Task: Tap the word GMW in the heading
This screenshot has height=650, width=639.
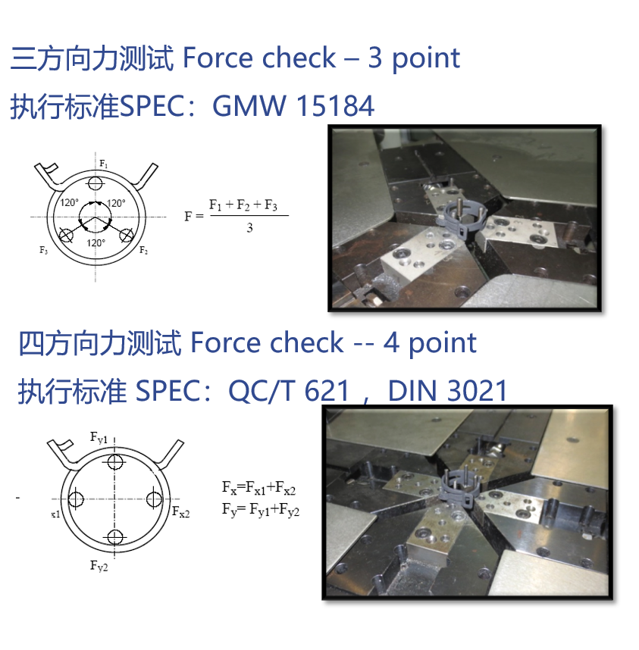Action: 249,106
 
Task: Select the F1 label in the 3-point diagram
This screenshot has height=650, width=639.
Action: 104,164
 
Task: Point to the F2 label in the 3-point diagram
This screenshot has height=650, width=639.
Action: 143,250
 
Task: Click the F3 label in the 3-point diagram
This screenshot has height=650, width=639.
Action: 43,250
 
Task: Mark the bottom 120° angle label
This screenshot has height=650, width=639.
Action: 96,243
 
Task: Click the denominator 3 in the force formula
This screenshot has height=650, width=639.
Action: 249,227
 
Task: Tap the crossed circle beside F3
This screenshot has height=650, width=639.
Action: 66,236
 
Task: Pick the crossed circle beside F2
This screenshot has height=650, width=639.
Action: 126,236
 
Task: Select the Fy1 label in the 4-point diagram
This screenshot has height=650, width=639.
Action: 99,438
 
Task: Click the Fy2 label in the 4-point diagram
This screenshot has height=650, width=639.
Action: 99,566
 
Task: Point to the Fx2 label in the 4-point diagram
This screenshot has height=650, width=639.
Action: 181,512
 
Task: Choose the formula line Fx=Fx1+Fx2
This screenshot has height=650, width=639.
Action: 258,488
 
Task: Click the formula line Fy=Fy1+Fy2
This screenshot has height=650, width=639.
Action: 261,510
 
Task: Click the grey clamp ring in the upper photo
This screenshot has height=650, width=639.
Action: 460,217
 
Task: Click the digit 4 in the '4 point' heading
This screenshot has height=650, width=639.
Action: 392,343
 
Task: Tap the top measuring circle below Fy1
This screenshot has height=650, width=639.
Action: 115,461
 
